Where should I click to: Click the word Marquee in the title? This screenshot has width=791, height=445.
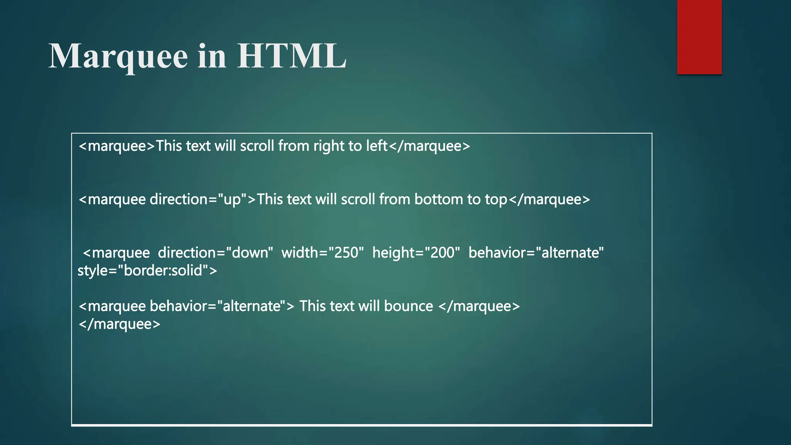[x=118, y=56]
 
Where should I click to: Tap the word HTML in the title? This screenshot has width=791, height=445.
[x=291, y=56]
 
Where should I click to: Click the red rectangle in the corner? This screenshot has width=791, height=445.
[x=699, y=37]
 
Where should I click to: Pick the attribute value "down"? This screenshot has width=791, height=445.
[x=250, y=253]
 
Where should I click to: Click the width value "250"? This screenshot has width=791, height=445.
[x=346, y=253]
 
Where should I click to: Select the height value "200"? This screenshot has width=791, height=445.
[x=442, y=253]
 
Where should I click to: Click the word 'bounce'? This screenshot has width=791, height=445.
[x=409, y=306]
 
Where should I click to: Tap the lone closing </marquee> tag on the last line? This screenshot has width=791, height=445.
[x=119, y=324]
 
